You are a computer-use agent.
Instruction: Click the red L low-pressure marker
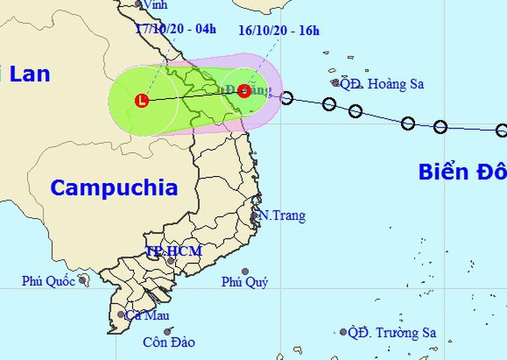coord(142,101)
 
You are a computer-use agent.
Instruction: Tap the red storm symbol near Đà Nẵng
coord(244,90)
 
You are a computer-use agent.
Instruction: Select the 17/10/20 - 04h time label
coord(175,29)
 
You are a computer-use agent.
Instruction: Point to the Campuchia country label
coord(113,188)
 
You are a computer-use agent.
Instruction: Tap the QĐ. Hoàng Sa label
coord(379,83)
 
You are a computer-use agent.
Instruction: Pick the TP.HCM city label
coord(173,251)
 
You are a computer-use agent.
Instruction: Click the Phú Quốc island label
coord(48,281)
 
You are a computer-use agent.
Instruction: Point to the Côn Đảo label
coord(169,343)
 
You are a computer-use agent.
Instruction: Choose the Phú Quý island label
coord(245,282)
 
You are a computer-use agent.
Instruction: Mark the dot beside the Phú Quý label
coord(246,271)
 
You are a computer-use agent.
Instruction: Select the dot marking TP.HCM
coord(170,261)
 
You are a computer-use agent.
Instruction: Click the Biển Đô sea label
coord(462,172)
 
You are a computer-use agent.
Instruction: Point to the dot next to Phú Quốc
coord(82,279)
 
